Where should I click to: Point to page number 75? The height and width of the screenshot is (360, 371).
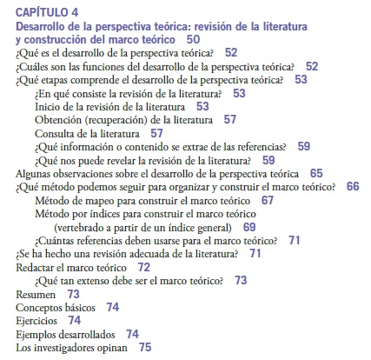144,347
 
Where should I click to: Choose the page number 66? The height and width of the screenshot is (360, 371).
352,186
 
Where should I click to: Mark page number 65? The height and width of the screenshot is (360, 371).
316,173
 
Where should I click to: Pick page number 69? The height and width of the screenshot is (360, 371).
249,227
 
